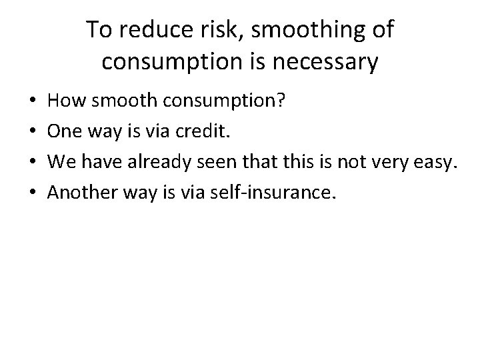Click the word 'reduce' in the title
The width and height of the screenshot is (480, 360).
[x=145, y=31]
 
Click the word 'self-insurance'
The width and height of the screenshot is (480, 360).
[x=273, y=192]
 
